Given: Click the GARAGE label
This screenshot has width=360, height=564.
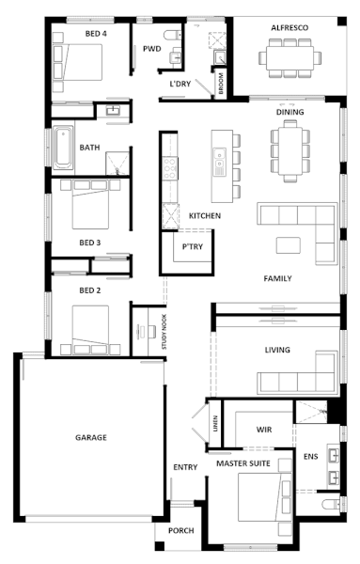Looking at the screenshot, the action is coord(90,437).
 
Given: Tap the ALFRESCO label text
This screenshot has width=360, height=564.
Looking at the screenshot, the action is coord(290,27).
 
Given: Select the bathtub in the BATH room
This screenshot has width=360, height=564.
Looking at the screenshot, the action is coord(63,148).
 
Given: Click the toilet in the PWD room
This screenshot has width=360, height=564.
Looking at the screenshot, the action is coord(172,36).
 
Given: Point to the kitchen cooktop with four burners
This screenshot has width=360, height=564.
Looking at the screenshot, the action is coord(170,168).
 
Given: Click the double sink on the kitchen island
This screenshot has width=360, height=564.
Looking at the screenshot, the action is coord(219,163).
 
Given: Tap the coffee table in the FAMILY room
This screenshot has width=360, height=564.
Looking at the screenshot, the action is coord(288,245).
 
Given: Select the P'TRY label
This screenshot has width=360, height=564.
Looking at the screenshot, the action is coord(193,246).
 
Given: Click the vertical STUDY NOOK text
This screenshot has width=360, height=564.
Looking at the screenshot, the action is coord(164,332).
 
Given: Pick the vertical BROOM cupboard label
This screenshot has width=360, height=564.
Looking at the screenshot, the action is coord(221,84).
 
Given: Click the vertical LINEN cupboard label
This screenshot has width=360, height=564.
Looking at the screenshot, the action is coord(215,424).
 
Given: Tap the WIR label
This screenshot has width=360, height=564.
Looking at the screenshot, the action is coord(264,430).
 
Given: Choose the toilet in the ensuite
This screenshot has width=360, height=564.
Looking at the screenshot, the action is coord(332,504).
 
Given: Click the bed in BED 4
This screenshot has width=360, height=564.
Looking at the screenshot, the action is coord(77,62).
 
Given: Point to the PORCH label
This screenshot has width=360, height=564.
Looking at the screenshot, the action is coord(180,530).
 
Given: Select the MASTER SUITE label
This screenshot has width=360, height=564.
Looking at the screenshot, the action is coord(243,463).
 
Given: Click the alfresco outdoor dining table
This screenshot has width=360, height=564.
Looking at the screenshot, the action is coord(290,58).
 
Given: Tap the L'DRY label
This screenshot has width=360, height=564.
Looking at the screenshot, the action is coord(180,84).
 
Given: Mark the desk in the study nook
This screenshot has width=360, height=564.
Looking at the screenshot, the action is coord(141,331).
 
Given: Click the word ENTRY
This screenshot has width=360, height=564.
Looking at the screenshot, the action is coord(185,467).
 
